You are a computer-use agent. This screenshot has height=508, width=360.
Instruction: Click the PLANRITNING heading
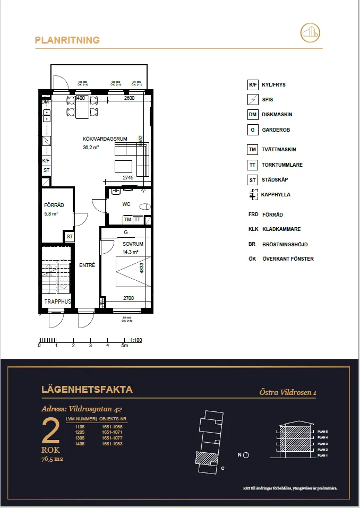pos(67,40)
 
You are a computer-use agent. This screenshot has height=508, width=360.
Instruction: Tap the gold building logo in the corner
pos(311,33)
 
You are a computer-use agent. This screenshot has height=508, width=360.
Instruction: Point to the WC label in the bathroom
pos(126,204)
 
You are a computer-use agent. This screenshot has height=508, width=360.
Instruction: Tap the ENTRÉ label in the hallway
pos(87,265)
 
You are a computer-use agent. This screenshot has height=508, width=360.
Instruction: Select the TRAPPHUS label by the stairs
pos(57,302)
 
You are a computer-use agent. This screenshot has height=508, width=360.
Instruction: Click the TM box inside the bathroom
pos(127,219)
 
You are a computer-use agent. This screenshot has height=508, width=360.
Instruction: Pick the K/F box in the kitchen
pos(46,160)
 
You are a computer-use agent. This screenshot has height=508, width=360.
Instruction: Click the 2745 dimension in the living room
pos(128,177)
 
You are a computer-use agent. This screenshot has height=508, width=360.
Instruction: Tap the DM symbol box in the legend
pos(253,115)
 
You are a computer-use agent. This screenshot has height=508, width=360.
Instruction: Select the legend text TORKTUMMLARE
pos(282,165)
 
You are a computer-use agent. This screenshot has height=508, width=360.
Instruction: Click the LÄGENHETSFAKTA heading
pos(87,390)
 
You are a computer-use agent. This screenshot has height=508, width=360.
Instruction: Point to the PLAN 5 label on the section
pos(322,432)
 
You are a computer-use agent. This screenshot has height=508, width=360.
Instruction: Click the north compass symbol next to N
pos(246,455)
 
